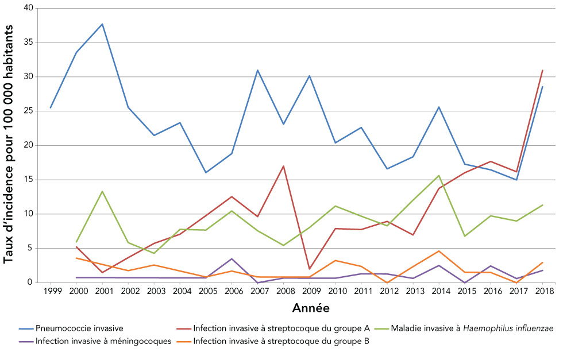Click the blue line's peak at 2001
point(102,24)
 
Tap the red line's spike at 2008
point(283,166)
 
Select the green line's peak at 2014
point(439,176)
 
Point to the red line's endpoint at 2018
point(542,71)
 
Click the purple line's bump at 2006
point(232,259)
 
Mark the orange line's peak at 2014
point(439,251)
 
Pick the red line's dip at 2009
point(309,269)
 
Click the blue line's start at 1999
point(51,108)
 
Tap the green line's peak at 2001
point(102,191)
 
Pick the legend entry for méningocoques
point(103,341)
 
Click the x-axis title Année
point(311,308)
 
